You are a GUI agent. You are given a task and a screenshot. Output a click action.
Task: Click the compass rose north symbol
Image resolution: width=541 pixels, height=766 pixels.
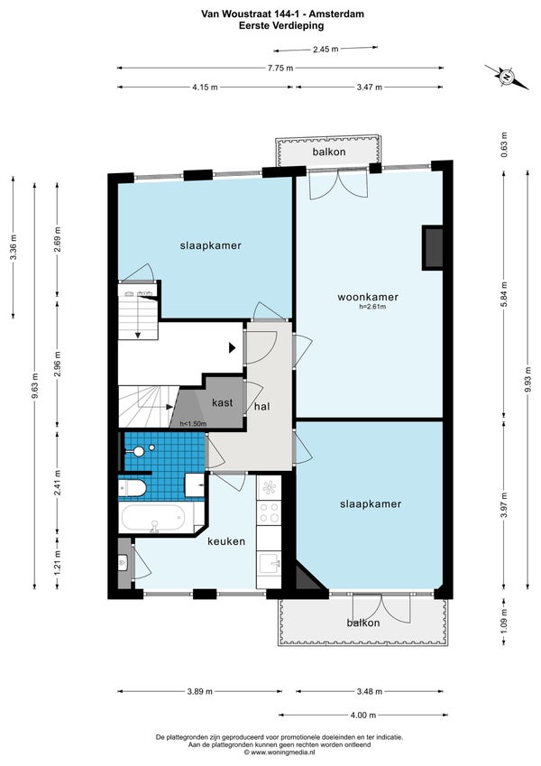[507, 77]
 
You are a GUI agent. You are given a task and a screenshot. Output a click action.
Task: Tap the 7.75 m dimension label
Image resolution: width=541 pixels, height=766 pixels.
[280, 69]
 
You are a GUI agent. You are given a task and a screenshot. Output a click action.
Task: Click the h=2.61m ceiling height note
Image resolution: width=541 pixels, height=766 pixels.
[372, 307]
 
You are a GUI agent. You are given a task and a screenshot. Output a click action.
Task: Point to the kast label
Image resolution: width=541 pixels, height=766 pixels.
[222, 402]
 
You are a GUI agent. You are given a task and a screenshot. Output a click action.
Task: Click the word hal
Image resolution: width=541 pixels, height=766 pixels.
[262, 406]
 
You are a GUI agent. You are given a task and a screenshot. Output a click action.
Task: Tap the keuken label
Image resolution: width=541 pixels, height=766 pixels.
[226, 541]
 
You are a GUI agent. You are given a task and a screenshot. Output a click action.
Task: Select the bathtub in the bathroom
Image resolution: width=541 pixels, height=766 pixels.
[152, 518]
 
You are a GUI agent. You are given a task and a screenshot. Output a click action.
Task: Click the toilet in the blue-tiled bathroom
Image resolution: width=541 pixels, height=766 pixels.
[133, 487]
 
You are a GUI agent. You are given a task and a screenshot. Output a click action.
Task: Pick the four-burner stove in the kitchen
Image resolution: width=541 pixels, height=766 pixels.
[269, 512]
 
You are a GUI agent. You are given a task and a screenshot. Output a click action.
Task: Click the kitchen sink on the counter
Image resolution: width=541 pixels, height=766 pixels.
[269, 563]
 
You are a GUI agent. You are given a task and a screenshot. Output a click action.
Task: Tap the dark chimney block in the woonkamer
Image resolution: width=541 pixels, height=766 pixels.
[433, 248]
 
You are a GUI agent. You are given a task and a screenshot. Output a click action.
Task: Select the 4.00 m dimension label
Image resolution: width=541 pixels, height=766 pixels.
[363, 715]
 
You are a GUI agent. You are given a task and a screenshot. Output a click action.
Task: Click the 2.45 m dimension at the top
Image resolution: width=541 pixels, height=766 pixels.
[326, 49]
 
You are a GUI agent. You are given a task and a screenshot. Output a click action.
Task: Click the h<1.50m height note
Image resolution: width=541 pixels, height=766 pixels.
[193, 423]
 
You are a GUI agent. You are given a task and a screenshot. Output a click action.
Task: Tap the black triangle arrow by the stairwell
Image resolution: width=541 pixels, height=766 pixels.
[233, 348]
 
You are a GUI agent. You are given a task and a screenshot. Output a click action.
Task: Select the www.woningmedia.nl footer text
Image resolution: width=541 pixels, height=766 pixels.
[280, 752]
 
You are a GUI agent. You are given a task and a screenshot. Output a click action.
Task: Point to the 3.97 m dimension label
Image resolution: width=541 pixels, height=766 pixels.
[504, 504]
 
